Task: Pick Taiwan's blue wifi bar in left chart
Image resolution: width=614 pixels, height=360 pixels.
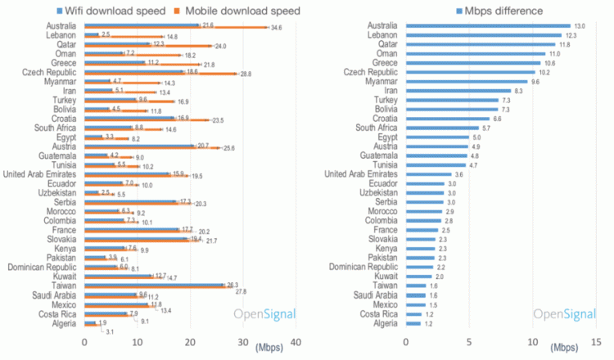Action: (155, 285)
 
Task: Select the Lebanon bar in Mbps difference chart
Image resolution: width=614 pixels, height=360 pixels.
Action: (484, 35)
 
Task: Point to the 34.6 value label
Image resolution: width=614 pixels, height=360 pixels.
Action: (276, 29)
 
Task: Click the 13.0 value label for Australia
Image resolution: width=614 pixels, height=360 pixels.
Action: (582, 26)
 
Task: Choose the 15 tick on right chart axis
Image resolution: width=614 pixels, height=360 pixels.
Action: (596, 344)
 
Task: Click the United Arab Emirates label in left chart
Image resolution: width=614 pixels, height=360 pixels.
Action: (41, 173)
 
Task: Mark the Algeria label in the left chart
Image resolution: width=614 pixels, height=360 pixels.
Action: (64, 324)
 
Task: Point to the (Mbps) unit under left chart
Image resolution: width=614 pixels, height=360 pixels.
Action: (269, 347)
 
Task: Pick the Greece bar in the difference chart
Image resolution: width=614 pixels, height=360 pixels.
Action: (473, 62)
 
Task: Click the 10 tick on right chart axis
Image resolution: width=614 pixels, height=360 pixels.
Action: (533, 344)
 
